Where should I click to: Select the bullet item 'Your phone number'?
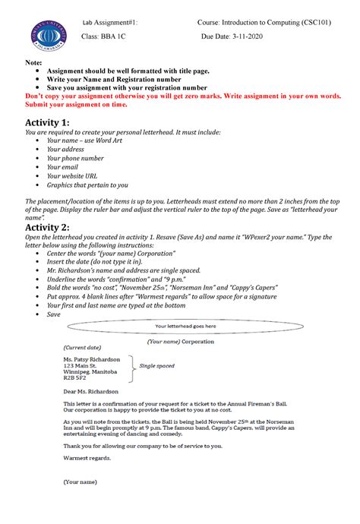[x=75, y=158]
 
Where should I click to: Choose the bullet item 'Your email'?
[x=62, y=167]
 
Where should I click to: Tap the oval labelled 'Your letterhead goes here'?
[x=185, y=327]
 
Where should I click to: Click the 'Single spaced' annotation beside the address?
[x=156, y=366]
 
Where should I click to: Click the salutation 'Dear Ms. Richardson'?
[x=90, y=390]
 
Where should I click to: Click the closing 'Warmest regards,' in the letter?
[x=86, y=458]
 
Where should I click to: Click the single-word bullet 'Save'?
[x=53, y=314]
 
